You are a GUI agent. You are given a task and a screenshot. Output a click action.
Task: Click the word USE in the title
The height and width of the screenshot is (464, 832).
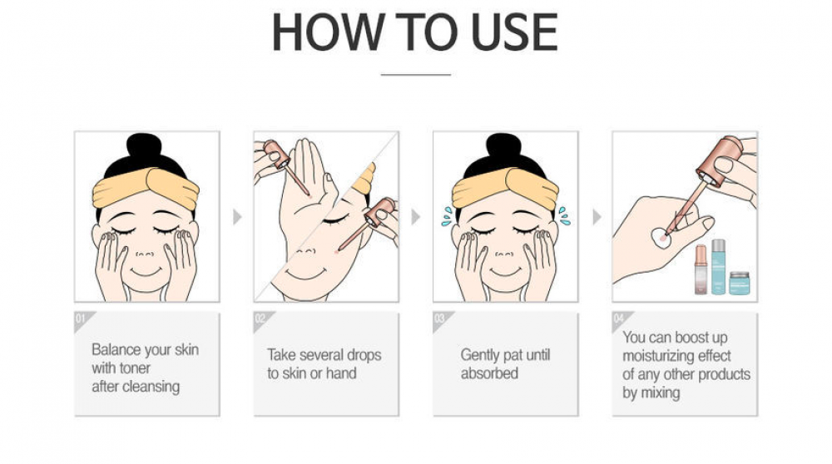[514, 32]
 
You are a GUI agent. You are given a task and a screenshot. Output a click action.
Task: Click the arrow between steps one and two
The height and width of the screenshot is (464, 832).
[237, 217]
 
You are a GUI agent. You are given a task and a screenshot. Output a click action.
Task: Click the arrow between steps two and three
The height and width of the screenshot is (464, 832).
[416, 217]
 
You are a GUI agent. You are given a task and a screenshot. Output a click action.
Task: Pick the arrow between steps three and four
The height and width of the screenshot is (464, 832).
[597, 217]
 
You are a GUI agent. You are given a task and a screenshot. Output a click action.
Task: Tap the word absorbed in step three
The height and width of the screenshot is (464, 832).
[489, 373]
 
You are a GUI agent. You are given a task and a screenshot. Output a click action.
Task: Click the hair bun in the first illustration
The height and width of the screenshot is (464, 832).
[144, 146]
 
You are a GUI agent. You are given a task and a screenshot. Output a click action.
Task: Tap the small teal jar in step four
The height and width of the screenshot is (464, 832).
[739, 284]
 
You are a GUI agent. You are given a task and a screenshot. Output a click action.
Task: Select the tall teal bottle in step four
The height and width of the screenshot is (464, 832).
[719, 267]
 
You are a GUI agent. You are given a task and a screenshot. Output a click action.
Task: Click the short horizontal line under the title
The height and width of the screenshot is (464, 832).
[416, 75]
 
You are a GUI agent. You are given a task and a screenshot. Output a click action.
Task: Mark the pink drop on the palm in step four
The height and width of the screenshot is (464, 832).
[662, 239]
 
